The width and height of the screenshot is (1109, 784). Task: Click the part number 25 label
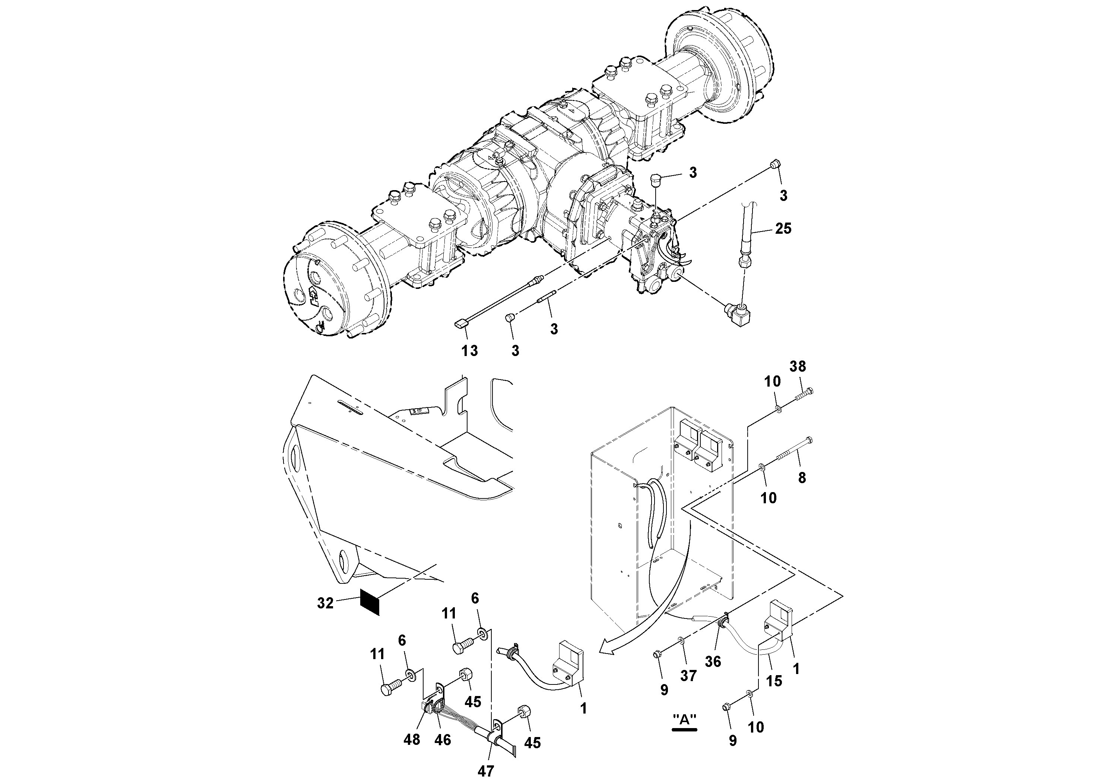[x=783, y=229]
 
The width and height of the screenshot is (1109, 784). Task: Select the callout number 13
[x=469, y=350]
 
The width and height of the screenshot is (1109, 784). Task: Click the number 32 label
[x=325, y=603]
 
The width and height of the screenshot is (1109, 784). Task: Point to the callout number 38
[x=798, y=366]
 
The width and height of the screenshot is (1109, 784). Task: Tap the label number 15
[x=774, y=681]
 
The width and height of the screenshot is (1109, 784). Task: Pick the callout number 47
[x=486, y=771]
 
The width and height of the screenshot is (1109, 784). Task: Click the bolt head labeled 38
[x=810, y=391]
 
